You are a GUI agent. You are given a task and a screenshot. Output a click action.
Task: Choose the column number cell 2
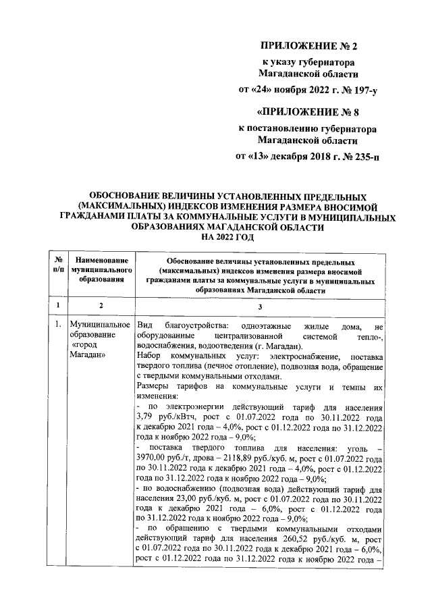pos(101,305)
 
